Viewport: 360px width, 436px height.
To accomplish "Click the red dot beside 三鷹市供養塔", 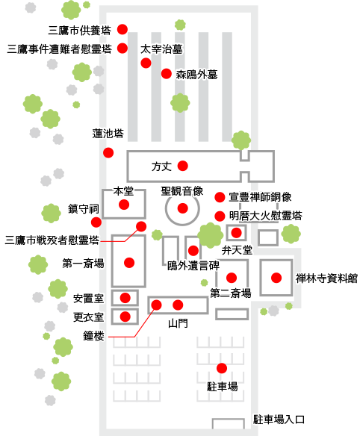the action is pyautogui.click(x=122, y=29).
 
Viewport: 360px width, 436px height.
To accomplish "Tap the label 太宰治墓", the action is pyautogui.click(x=161, y=49).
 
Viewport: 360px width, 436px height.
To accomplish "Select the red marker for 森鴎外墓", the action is pyautogui.click(x=167, y=74).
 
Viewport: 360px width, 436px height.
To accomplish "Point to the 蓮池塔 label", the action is pyautogui.click(x=108, y=134).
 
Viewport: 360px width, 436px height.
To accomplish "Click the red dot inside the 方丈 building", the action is pyautogui.click(x=183, y=166).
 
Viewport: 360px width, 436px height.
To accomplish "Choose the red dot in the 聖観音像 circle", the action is pyautogui.click(x=182, y=208).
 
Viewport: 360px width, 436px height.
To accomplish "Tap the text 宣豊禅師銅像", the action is pyautogui.click(x=260, y=197).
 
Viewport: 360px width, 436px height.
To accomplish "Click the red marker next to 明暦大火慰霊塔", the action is pyautogui.click(x=220, y=216).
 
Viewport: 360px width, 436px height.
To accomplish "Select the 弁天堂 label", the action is pyautogui.click(x=237, y=250).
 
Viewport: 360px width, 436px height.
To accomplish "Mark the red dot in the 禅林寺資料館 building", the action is pyautogui.click(x=276, y=278).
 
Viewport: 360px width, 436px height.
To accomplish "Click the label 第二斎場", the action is pyautogui.click(x=231, y=293).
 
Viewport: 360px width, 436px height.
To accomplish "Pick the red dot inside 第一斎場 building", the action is pyautogui.click(x=129, y=263).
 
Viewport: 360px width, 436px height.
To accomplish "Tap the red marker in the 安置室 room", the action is pyautogui.click(x=125, y=298).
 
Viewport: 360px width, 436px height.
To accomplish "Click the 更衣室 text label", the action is pyautogui.click(x=88, y=317).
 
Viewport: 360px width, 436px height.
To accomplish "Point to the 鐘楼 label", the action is pyautogui.click(x=94, y=336).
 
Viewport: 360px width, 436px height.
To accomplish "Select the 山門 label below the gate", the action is pyautogui.click(x=178, y=323).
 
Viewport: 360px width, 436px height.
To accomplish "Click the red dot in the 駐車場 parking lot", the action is pyautogui.click(x=222, y=368).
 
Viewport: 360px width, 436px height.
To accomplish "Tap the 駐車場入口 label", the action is pyautogui.click(x=279, y=420).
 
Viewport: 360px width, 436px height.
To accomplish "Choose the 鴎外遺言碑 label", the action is pyautogui.click(x=193, y=266).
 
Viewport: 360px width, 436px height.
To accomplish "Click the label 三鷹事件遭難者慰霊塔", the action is pyautogui.click(x=59, y=49).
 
